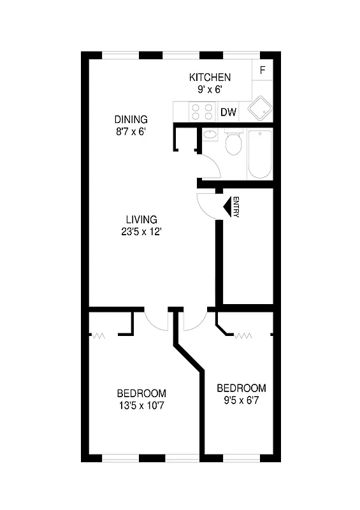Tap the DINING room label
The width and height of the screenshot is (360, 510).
pos(131,119)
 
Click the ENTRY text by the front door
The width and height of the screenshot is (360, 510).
pos(236,207)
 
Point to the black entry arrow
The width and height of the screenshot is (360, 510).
pos(226,207)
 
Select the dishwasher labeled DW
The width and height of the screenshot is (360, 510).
pos(228,113)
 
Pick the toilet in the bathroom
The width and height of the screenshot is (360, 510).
pos(234,143)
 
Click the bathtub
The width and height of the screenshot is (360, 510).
pos(259,154)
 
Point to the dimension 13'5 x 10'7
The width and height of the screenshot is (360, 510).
pos(141,404)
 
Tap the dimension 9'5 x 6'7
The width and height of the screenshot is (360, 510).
pos(241,400)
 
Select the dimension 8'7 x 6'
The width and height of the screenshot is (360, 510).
pos(131,131)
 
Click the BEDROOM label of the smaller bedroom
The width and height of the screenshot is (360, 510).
pos(241,388)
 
